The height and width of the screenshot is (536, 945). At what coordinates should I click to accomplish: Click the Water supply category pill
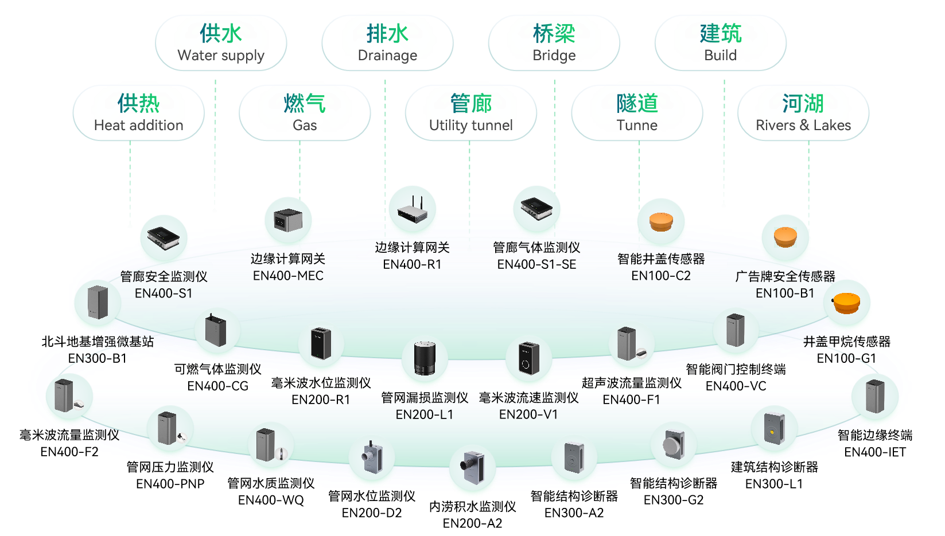[221, 43]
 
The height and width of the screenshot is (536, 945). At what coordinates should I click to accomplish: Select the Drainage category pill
[387, 43]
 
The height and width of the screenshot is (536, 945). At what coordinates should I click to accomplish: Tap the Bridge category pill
[554, 43]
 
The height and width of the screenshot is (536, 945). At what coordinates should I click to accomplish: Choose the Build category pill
[720, 43]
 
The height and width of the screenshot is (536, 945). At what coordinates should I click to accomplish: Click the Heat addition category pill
[138, 113]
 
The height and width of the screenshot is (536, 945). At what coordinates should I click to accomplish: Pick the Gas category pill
[305, 113]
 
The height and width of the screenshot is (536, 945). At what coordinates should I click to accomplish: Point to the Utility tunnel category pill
[471, 113]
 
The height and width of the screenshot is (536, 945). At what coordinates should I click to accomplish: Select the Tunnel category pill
[637, 113]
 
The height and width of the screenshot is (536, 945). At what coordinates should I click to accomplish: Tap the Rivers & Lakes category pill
[803, 113]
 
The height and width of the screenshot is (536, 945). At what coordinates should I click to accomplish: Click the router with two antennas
[413, 209]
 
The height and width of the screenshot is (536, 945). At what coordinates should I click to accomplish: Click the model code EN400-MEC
[288, 276]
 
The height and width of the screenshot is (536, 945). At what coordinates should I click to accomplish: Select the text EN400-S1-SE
[536, 264]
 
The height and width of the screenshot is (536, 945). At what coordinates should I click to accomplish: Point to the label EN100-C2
[661, 276]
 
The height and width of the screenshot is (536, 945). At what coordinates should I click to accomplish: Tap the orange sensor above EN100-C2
[661, 221]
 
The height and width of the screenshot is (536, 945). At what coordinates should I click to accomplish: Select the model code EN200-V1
[528, 414]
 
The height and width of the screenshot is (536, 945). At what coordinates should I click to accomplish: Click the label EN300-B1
[98, 358]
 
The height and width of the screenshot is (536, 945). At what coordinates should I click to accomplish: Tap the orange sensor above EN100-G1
[847, 303]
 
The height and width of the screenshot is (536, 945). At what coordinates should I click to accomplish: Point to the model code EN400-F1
[631, 400]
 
